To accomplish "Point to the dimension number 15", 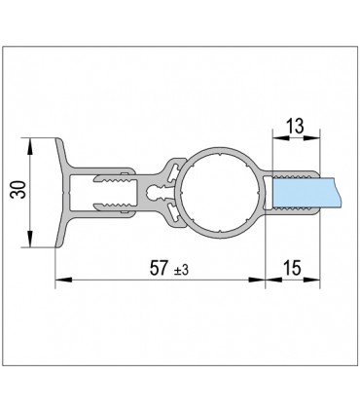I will coord(295,266).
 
